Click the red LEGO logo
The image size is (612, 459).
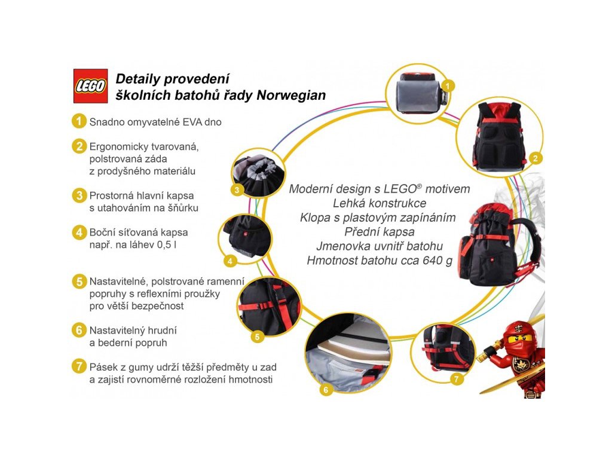[x=90, y=86]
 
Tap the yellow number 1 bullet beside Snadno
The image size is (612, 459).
[x=78, y=121]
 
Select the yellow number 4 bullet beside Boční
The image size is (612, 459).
[x=78, y=232]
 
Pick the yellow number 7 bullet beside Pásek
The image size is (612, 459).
[x=78, y=367]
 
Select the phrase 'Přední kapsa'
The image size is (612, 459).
[x=379, y=232]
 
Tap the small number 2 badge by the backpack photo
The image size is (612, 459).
[x=536, y=158]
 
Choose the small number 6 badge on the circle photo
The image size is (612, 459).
[x=326, y=390]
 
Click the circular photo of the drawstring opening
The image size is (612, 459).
[x=254, y=173]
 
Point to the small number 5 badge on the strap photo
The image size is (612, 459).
[x=257, y=336]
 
